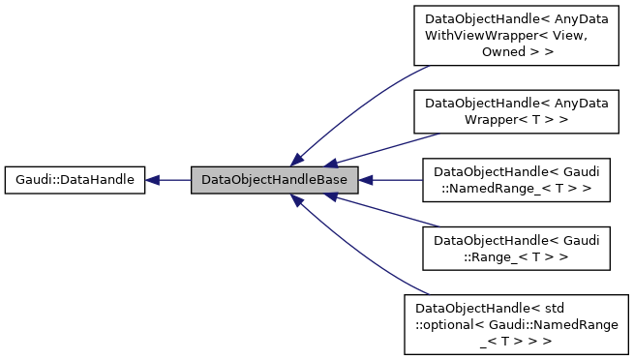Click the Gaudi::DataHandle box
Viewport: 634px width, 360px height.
coord(75,179)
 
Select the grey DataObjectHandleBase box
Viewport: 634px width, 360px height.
coord(275,179)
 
